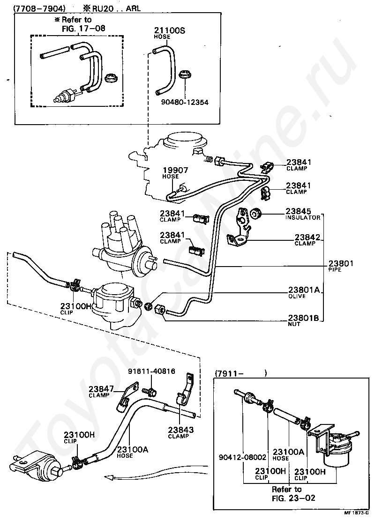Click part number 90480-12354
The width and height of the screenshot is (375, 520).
click(186, 102)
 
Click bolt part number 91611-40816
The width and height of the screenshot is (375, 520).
click(151, 371)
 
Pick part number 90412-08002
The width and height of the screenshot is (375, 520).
click(242, 457)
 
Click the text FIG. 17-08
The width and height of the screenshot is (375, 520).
click(84, 28)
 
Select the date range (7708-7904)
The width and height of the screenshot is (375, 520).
click(39, 8)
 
